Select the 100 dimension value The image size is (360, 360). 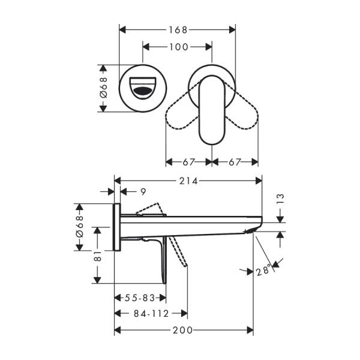(x=178, y=46)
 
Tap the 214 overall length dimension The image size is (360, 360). (x=188, y=180)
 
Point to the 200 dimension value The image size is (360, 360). (x=183, y=330)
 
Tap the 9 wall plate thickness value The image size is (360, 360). (x=142, y=191)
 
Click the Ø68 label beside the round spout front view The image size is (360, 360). (x=103, y=88)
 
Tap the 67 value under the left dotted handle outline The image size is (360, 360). (x=188, y=162)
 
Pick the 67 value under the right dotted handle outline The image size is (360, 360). (x=235, y=162)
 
